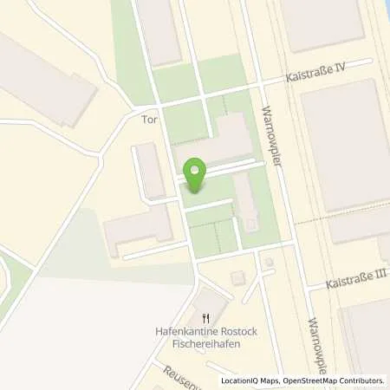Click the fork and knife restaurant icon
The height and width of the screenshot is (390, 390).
(x=205, y=318)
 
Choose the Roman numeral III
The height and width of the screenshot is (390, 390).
(x=382, y=275)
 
